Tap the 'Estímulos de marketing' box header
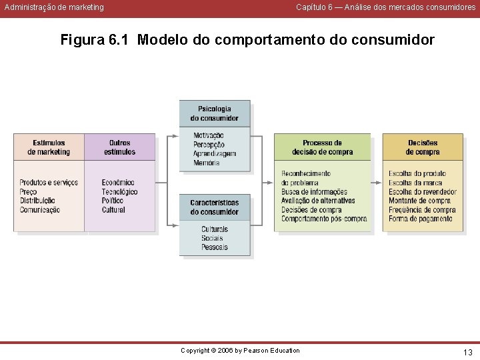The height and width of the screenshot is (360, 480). tap(49, 147)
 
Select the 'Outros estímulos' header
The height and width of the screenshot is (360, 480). tap(120, 147)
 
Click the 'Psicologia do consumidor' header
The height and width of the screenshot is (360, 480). tap(215, 113)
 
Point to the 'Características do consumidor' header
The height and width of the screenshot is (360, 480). tap(215, 207)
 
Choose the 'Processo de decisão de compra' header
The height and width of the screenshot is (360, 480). tap(322, 147)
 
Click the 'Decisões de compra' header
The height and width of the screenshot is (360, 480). tap(423, 147)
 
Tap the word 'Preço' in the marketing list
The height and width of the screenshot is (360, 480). tap(28, 192)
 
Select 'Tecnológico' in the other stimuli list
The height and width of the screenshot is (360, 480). tap(120, 192)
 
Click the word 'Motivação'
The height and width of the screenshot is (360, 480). tap(209, 136)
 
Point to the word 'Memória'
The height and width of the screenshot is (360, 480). tap(206, 163)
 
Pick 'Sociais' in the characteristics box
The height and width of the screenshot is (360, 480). tap(213, 239)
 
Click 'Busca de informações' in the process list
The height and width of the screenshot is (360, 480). tap(314, 192)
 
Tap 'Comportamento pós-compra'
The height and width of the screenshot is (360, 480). tap(324, 219)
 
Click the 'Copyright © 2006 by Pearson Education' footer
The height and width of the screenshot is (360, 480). tap(241, 351)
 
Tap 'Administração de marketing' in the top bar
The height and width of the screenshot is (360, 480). tap(54, 7)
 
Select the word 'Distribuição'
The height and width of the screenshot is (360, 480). tap(37, 201)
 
